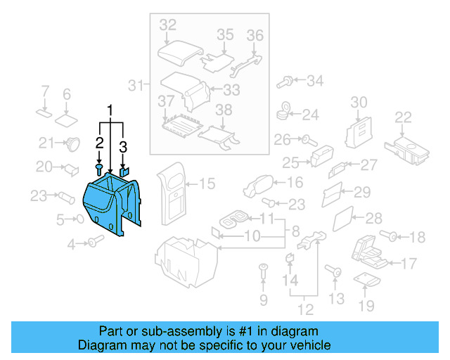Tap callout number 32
(167, 25)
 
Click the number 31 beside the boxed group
(136, 86)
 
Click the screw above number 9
(264, 269)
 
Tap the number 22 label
(403, 117)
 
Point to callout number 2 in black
(99, 143)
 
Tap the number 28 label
(373, 218)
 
